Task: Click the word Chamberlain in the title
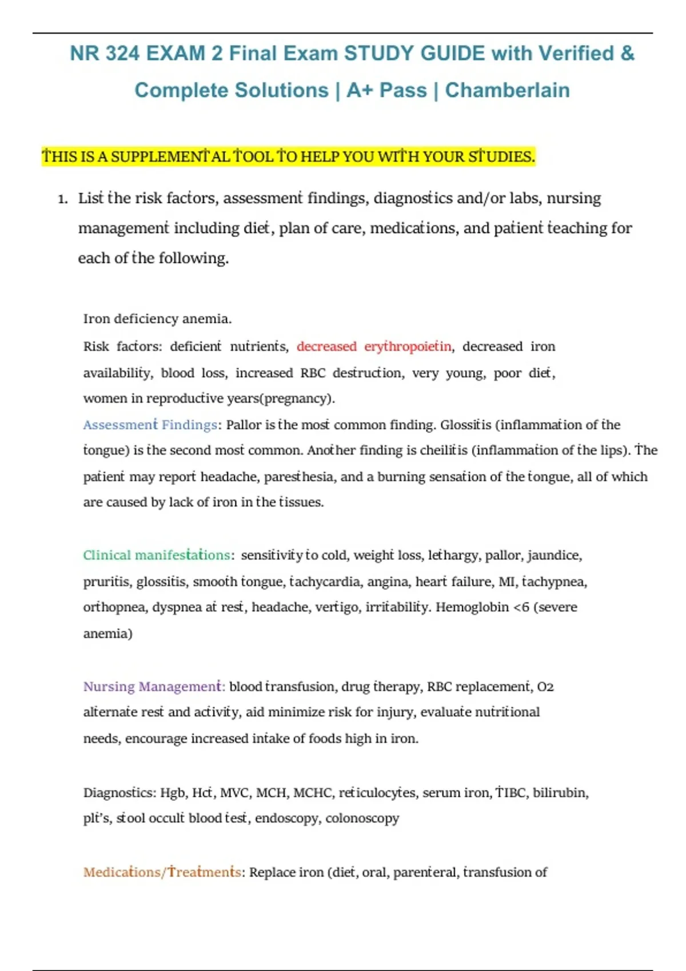pos(507,90)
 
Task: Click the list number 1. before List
pos(63,199)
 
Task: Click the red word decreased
pos(326,347)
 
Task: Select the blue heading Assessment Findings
pos(150,425)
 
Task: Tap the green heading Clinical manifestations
pos(157,555)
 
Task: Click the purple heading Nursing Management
pos(153,687)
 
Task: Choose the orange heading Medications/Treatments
pos(162,872)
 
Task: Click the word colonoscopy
pos(362,818)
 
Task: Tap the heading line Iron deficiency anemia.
pos(157,319)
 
